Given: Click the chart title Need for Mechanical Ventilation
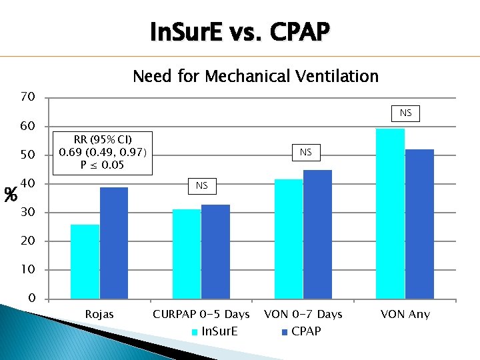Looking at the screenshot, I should coord(255,76).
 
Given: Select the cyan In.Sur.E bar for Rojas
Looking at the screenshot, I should coord(85,261).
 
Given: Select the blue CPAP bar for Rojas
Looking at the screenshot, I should coord(113,243).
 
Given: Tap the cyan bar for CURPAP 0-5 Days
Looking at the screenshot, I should coord(187,253).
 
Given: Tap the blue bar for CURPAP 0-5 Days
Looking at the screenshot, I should coord(215,251).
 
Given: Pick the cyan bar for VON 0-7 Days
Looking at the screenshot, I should coord(288,239).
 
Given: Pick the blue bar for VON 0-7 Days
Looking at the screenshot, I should coord(317,234).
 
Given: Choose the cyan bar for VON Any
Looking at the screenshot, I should coord(390,213).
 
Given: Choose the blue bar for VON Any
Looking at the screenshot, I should coord(419,224).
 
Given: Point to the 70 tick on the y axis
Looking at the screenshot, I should coord(27,97).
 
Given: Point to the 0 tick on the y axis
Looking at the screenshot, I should coord(31,299).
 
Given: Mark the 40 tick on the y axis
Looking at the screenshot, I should coord(27,184).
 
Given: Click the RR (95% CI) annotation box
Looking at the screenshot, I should coord(105,152).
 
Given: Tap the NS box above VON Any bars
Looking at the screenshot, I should coord(405,113).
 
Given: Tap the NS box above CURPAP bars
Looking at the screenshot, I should coord(201,185).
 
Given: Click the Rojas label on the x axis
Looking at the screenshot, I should coord(99,314).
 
